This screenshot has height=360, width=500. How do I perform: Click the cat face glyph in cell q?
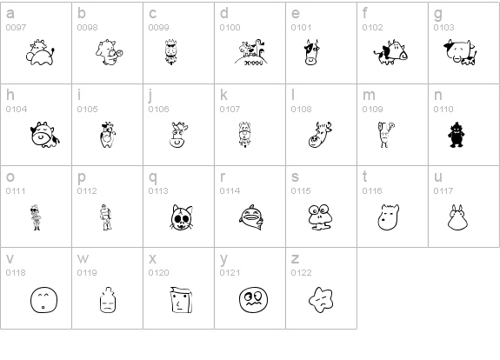[182, 217]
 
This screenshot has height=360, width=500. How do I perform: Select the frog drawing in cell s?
[320, 217]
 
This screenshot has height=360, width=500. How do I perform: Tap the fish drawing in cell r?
[251, 217]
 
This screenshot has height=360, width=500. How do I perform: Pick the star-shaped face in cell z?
[321, 300]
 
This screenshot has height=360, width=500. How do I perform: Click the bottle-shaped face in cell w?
[108, 299]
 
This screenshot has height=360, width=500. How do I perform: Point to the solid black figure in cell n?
[457, 135]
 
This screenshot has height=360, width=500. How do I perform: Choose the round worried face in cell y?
[254, 300]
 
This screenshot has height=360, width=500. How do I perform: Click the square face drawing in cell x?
[181, 300]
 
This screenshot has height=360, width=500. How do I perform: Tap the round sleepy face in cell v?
[43, 300]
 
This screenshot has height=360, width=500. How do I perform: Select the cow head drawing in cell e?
[311, 52]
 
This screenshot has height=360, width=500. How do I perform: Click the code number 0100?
[230, 28]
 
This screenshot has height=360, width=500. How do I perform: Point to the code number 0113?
[158, 191]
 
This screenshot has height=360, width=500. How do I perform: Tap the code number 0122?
[301, 273]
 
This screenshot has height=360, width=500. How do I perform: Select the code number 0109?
[372, 110]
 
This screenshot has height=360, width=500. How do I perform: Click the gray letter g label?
[438, 14]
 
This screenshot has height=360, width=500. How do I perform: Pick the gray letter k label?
[223, 95]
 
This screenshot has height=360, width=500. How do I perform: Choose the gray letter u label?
[438, 177]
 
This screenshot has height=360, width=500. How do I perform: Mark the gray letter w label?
[83, 259]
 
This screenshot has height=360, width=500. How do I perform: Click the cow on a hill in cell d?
[251, 52]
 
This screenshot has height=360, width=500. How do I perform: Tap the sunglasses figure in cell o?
[36, 217]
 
